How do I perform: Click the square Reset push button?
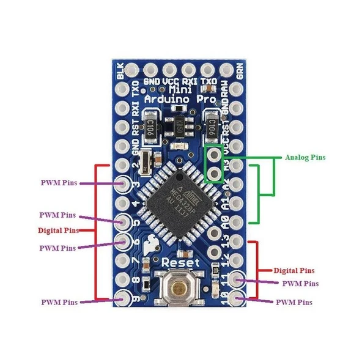(x=179, y=289)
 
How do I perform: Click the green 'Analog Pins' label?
(x=305, y=157)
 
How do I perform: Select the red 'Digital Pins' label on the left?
(x=58, y=231)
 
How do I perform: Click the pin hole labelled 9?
(x=124, y=299)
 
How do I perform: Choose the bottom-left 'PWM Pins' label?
(x=59, y=302)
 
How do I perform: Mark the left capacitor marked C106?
(x=150, y=125)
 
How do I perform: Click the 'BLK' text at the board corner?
(x=120, y=73)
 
